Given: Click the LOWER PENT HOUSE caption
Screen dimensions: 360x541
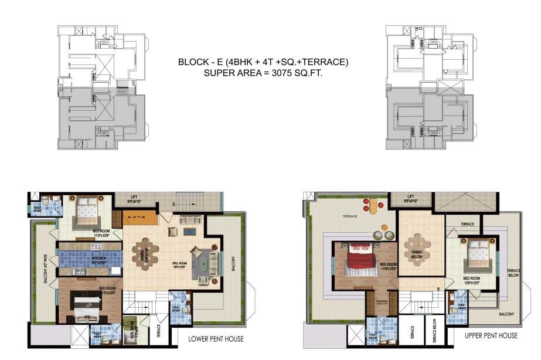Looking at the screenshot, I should point(216,339).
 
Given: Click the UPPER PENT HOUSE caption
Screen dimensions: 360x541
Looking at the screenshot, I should point(491,335).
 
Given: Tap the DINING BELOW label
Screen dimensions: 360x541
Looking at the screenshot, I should point(417,254).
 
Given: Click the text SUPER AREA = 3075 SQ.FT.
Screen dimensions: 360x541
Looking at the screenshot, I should point(263,73).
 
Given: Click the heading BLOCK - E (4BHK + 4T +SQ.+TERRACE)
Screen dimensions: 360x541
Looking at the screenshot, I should point(263,62).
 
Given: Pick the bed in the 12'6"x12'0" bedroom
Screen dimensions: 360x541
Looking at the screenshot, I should point(475,253).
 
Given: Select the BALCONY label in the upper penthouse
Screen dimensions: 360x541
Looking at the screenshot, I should point(507,314).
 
